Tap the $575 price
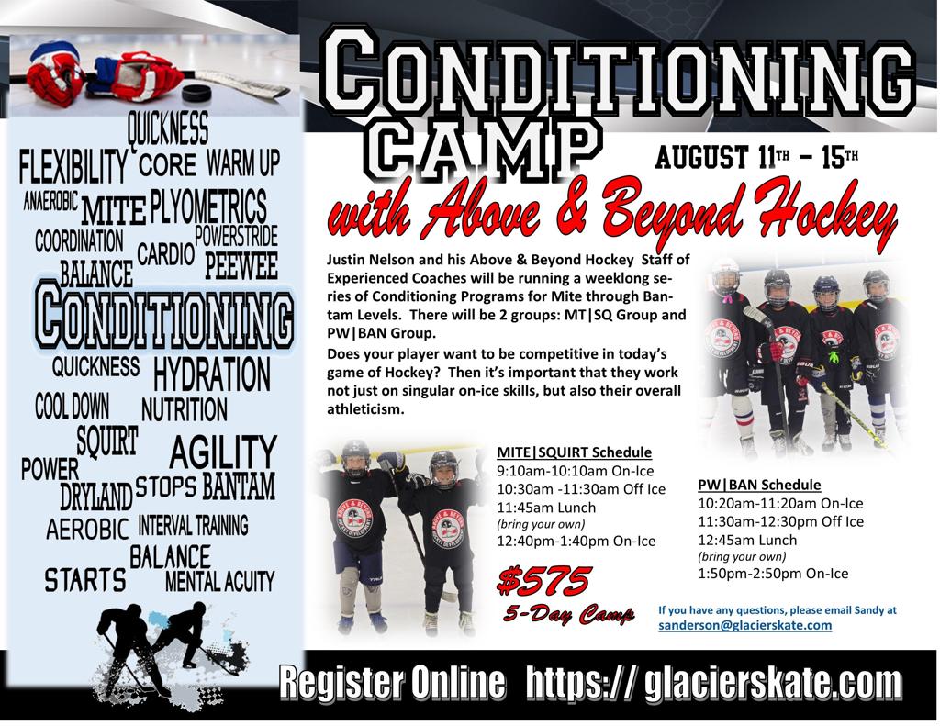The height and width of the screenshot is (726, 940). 544,580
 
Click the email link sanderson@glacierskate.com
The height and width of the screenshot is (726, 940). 745,625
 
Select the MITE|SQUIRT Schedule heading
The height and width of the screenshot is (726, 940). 575,452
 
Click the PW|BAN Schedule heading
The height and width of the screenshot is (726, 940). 759,485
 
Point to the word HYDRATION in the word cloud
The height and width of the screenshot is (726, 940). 212,374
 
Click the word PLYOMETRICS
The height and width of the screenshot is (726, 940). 208,207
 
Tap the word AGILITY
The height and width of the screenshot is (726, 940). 223,452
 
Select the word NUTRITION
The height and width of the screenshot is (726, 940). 184,410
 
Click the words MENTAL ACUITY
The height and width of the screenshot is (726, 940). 219,581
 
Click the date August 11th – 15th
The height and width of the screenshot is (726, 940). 756,158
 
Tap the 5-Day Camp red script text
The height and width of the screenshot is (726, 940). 568,613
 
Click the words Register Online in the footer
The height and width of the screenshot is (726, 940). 392,682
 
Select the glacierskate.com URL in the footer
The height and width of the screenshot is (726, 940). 713,682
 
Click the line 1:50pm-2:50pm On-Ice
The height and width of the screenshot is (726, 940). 773,574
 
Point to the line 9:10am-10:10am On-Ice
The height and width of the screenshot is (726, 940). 575,471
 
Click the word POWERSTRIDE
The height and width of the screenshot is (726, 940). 236,236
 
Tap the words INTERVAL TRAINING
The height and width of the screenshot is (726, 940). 193,525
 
